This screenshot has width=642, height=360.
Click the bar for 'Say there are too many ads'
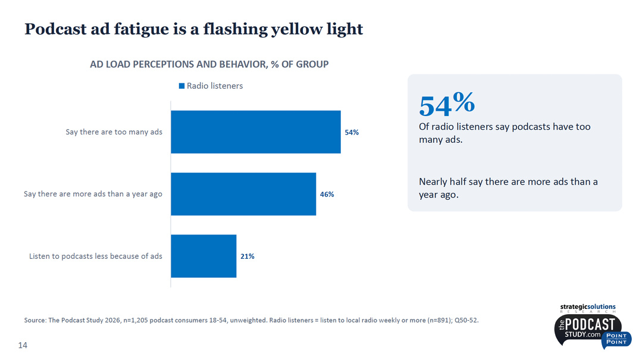click(x=255, y=132)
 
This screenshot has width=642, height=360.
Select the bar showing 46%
click(x=243, y=194)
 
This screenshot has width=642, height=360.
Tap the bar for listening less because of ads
click(x=203, y=256)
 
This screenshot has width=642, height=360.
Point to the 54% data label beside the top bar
click(x=352, y=132)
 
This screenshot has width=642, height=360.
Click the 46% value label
click(x=327, y=194)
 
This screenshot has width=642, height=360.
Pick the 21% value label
click(x=248, y=256)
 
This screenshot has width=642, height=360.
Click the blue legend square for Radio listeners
click(x=182, y=86)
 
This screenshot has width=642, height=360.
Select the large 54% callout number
click(x=447, y=104)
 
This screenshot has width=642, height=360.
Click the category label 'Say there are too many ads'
click(x=114, y=132)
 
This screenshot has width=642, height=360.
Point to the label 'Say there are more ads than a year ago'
click(x=93, y=194)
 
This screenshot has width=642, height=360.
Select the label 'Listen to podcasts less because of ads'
click(x=95, y=256)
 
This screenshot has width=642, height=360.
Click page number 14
click(x=23, y=345)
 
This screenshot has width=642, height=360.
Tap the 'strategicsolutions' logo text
click(x=587, y=307)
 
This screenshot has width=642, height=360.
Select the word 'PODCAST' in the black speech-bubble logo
click(x=590, y=324)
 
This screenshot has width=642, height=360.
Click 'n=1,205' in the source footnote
click(x=134, y=320)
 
